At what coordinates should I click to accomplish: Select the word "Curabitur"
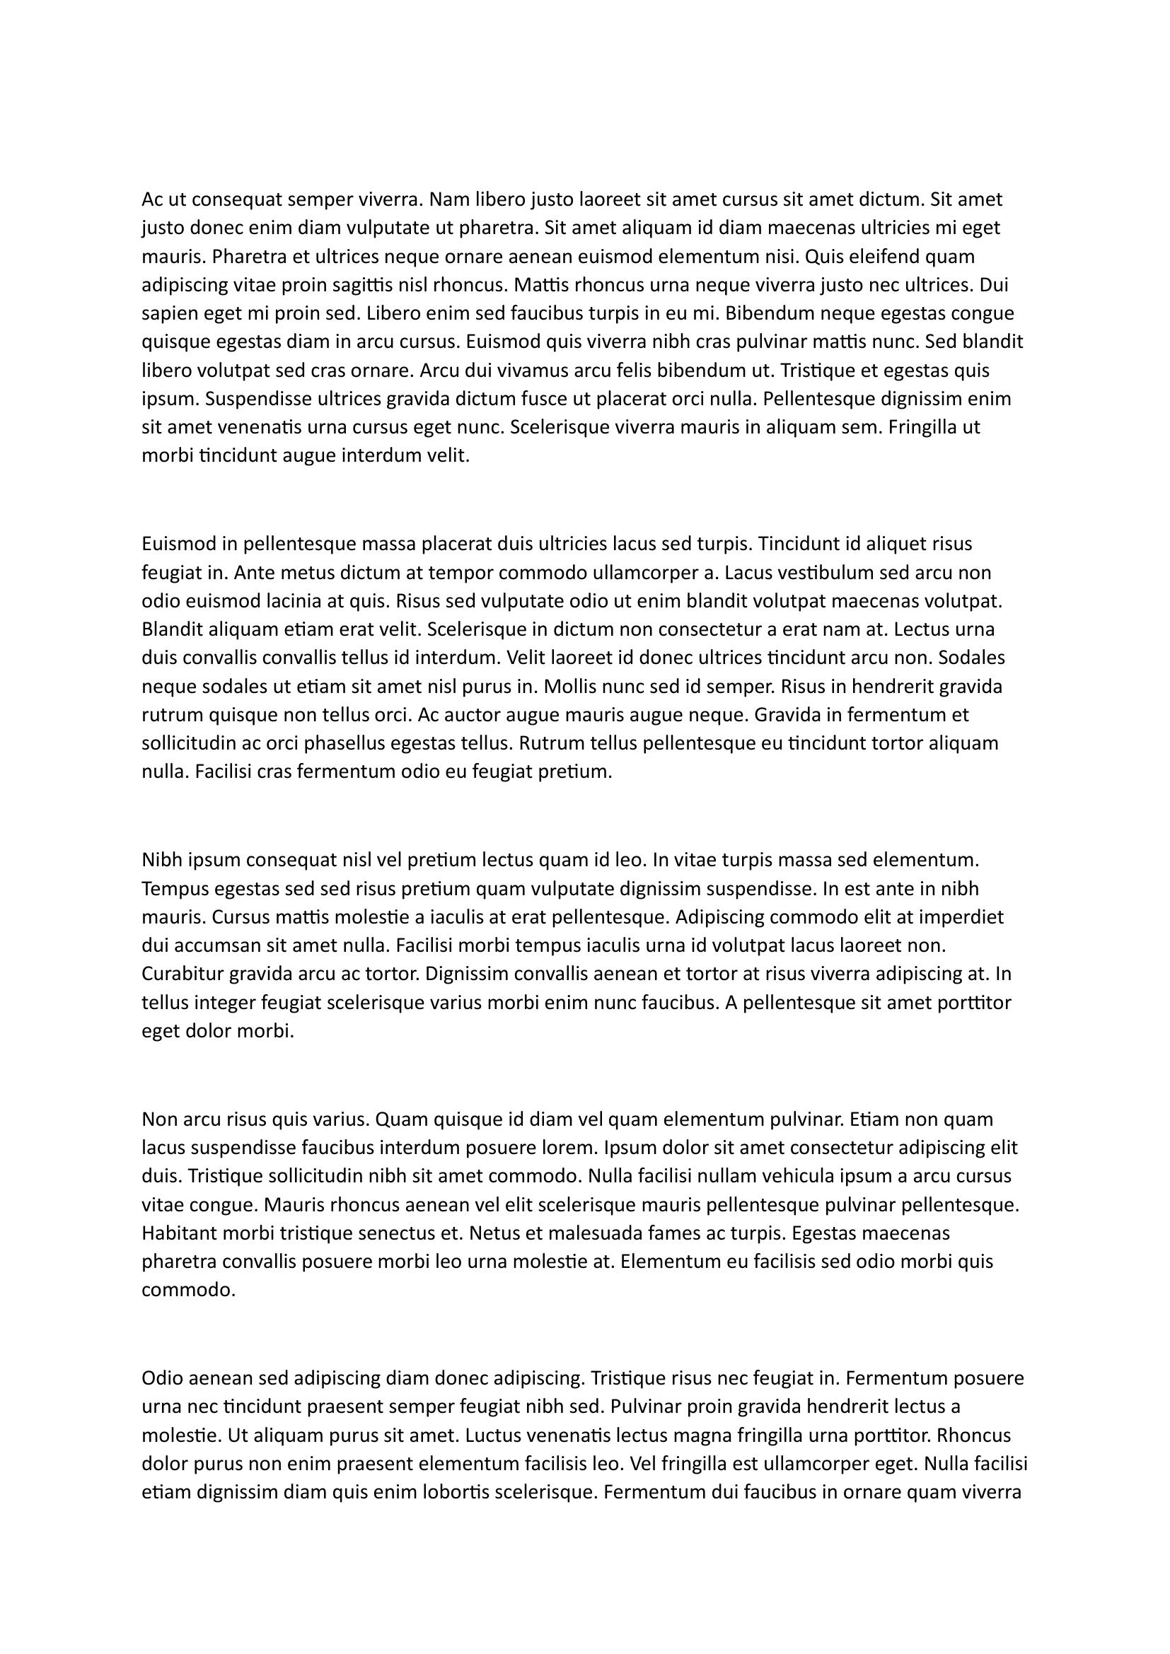[183, 974]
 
